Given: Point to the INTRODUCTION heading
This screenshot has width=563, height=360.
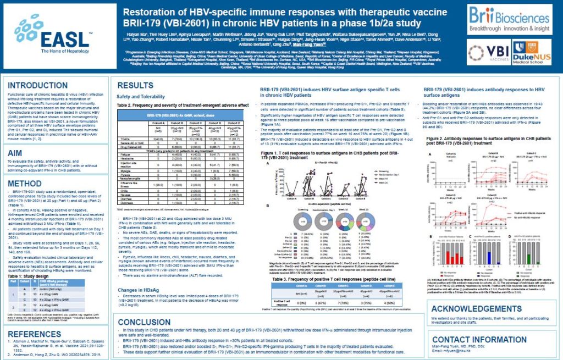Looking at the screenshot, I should point(38,86).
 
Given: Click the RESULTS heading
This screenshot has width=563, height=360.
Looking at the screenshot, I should point(135,86).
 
